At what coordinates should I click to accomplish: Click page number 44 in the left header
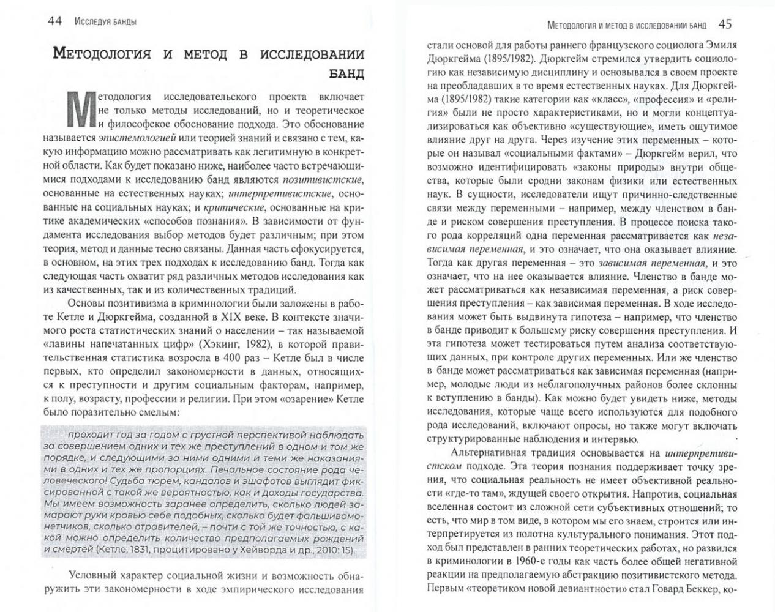click(55, 21)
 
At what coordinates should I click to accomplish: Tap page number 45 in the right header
click(725, 24)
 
